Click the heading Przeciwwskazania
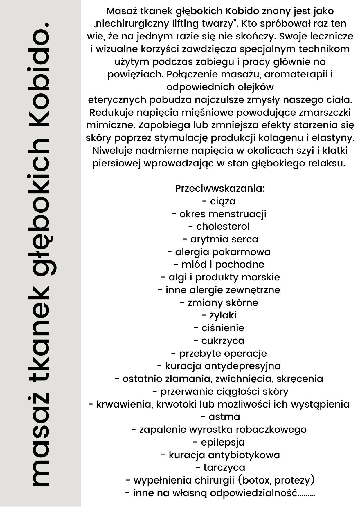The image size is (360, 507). [220, 189]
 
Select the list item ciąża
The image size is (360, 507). [223, 201]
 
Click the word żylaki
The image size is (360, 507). [223, 315]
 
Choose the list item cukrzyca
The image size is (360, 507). [223, 341]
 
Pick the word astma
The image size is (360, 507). [224, 417]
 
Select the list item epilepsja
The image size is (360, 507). [223, 442]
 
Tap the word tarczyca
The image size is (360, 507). [224, 468]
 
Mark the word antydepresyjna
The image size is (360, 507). [242, 366]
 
